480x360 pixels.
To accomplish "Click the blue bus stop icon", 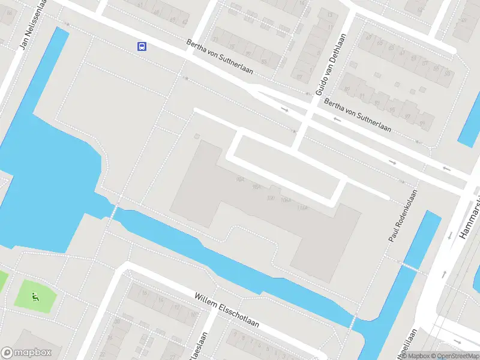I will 142,46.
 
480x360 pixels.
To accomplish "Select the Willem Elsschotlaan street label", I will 227,310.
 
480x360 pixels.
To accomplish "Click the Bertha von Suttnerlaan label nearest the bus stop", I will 220,58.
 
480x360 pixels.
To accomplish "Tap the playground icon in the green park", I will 35,295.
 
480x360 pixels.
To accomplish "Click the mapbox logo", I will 26,352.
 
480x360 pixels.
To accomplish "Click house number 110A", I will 302,208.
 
